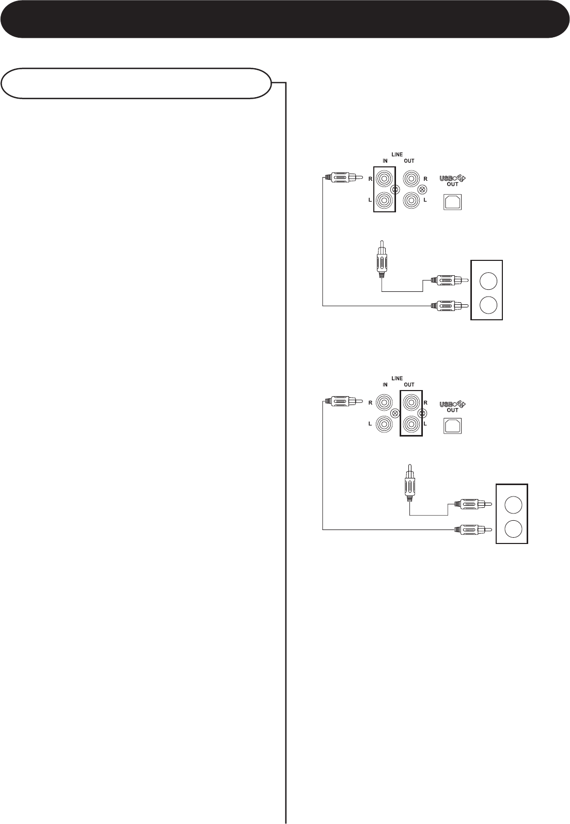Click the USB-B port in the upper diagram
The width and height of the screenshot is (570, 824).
(x=454, y=201)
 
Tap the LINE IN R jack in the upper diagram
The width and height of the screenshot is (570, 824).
(x=384, y=180)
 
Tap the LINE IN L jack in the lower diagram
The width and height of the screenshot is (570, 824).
(x=384, y=424)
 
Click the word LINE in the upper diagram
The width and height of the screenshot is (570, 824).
(x=397, y=154)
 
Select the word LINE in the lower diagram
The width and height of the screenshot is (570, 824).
(x=397, y=378)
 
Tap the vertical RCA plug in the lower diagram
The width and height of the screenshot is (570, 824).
(x=409, y=482)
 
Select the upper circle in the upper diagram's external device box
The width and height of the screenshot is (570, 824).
(x=487, y=281)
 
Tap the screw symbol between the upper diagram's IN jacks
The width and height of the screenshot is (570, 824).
(x=395, y=190)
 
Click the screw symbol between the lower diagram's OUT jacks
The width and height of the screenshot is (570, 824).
(x=423, y=413)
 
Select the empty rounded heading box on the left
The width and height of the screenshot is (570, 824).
(x=136, y=83)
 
